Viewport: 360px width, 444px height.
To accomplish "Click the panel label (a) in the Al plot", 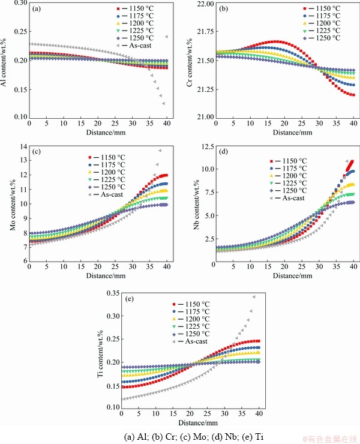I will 37,10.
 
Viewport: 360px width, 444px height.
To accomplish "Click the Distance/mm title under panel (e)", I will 191,424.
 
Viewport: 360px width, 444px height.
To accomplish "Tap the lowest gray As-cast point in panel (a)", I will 163,103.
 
